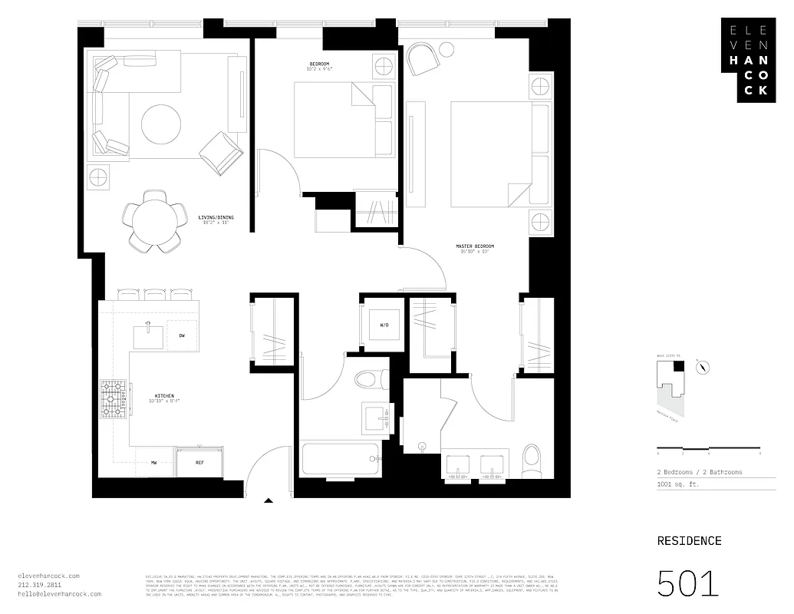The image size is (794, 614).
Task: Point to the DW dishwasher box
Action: point(182,335)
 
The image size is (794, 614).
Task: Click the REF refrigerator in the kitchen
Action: point(199,463)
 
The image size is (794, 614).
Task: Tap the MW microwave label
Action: point(153,463)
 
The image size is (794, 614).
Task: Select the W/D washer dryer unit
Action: point(384,325)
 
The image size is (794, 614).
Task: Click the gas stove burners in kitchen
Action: point(113,398)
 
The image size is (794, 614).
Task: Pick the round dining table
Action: point(156,221)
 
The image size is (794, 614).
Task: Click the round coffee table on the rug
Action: point(161,124)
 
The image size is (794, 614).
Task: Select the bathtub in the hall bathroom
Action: point(340,460)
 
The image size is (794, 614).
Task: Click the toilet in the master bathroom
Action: point(531,460)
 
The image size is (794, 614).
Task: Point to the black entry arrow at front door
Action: point(269,501)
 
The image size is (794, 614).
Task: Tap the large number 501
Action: point(688,583)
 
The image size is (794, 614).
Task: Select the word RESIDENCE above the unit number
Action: point(689,541)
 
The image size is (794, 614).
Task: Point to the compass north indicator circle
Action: point(700,368)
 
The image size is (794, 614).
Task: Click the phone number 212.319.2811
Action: point(42,585)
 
